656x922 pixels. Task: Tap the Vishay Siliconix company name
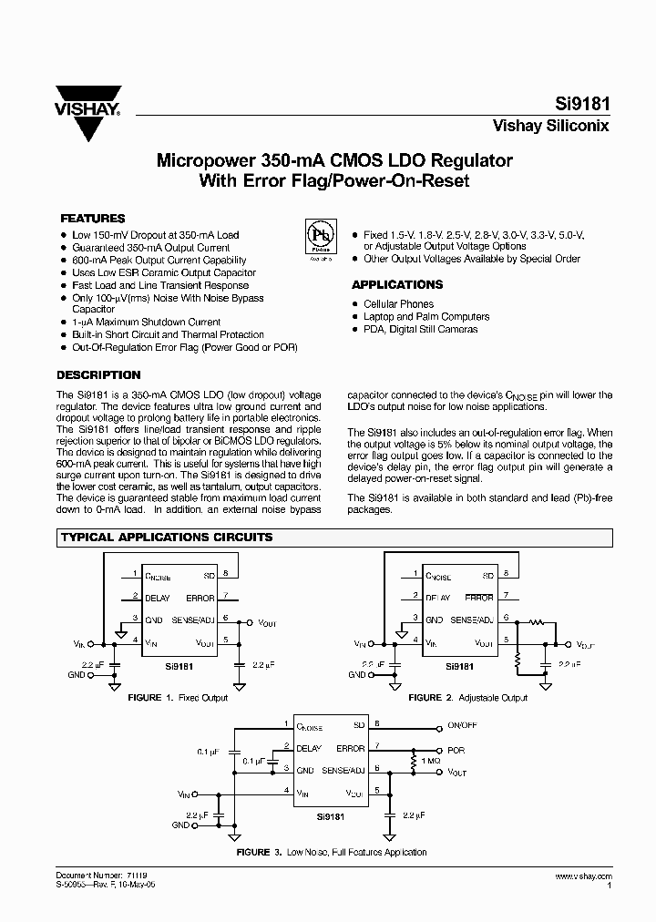click(x=550, y=127)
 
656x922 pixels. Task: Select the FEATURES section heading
click(x=92, y=219)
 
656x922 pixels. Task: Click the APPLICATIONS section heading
click(x=397, y=284)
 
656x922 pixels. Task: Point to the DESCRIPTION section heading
click(x=98, y=374)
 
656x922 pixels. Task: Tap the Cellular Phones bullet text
click(x=398, y=304)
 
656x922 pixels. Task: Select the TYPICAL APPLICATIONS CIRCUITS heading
click(x=167, y=538)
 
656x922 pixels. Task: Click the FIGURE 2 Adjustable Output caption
click(x=467, y=698)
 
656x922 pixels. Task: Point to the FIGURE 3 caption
click(x=332, y=852)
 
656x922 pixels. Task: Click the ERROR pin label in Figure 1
click(x=200, y=599)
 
